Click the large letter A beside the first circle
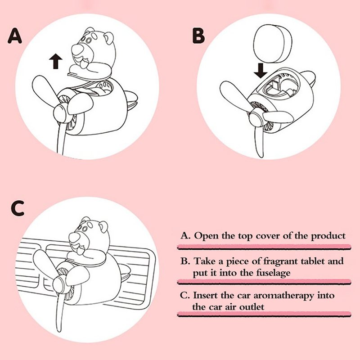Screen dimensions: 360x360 (15, 36)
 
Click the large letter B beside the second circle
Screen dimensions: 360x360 (198, 36)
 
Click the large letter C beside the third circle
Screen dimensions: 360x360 (18, 208)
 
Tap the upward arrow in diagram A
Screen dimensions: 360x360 (55, 61)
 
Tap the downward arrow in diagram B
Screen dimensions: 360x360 (261, 71)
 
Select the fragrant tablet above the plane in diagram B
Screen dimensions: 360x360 (273, 43)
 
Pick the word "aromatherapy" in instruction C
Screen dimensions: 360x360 (283, 296)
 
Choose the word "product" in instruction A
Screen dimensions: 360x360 (328, 236)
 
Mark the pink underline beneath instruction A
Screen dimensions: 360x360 (264, 247)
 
